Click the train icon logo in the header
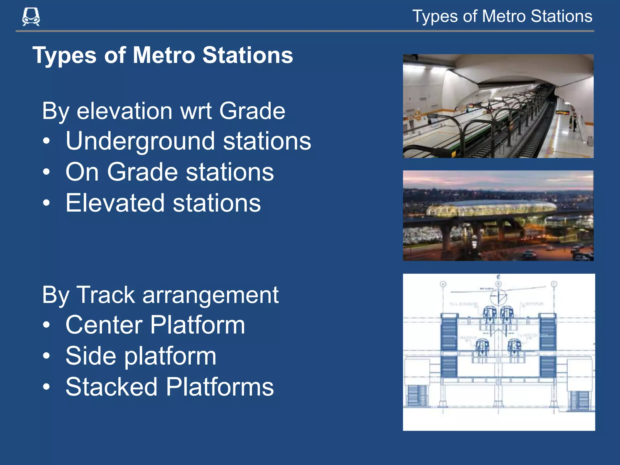[x=31, y=17]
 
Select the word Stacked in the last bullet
[x=111, y=387]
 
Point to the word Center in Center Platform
[x=104, y=325]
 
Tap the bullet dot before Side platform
[x=46, y=355]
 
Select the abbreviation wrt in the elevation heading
[x=196, y=111]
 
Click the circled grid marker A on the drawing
[x=443, y=284]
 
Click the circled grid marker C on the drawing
[x=554, y=284]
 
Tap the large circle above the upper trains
[x=499, y=297]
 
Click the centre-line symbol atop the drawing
[x=498, y=277]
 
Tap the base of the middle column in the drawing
[x=498, y=403]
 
